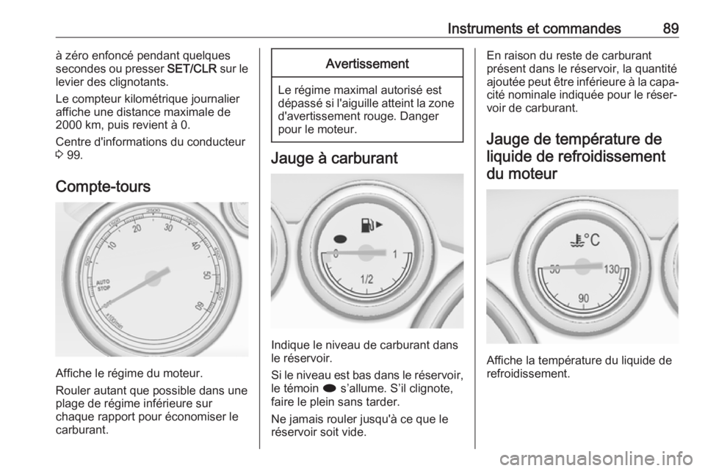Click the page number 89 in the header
coord(670,29)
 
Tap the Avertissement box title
coord(367,63)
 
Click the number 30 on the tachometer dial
coord(169,228)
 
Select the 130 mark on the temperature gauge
coord(614,269)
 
